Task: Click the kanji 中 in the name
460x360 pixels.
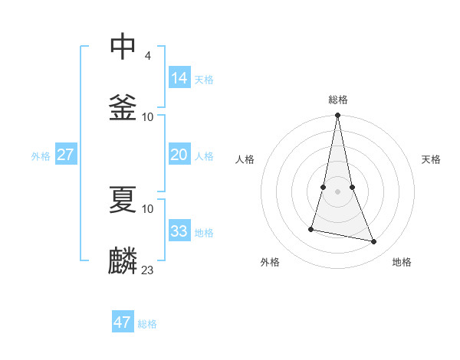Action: coord(123,47)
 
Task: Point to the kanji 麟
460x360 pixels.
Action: coord(123,260)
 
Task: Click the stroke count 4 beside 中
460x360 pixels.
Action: coord(147,56)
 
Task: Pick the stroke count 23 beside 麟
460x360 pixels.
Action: coord(148,270)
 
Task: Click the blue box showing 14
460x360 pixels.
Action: coord(179,77)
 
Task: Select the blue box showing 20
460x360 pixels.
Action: coord(179,155)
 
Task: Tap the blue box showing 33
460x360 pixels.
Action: coord(179,231)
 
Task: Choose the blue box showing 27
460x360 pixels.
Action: coord(66,155)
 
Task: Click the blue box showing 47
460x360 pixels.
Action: coord(123,322)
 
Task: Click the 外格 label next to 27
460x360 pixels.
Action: coord(41,156)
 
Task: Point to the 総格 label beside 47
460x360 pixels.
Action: coord(147,324)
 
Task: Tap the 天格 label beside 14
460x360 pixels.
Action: coord(204,79)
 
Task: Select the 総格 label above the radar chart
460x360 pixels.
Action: coord(338,100)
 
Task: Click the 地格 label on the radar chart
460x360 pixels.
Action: coord(402,262)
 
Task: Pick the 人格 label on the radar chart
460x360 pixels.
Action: coord(245,159)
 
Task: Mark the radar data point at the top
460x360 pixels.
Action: coord(337,116)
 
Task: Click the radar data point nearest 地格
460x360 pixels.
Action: coord(374,242)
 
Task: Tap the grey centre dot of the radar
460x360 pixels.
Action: coord(337,191)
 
